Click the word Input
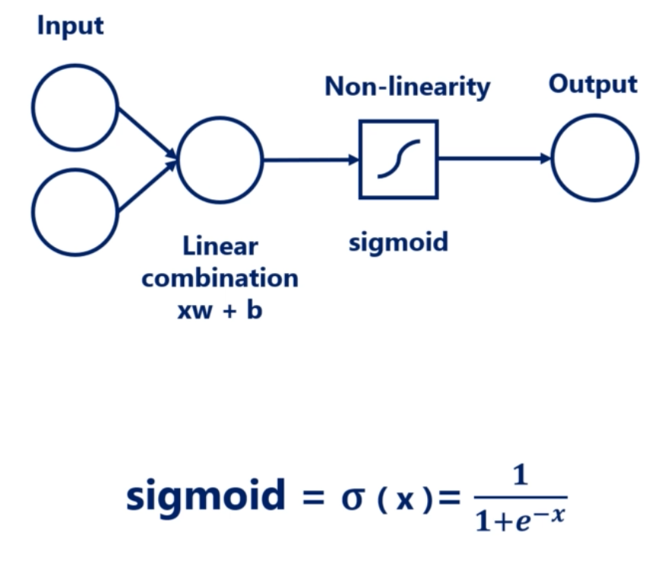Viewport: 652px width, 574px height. click(70, 27)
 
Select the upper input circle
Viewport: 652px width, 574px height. click(75, 107)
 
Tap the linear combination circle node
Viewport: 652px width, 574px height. click(220, 160)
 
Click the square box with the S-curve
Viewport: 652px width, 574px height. click(398, 160)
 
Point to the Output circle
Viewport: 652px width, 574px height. click(595, 158)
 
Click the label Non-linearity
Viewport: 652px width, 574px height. click(407, 87)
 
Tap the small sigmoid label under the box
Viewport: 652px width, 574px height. click(398, 242)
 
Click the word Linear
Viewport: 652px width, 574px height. click(220, 246)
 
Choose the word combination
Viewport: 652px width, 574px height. click(220, 277)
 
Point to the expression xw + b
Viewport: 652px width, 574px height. click(220, 309)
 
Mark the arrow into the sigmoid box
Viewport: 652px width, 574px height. click(311, 160)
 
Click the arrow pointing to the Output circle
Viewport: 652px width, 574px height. click(495, 158)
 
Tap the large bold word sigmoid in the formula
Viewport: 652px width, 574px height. click(206, 496)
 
